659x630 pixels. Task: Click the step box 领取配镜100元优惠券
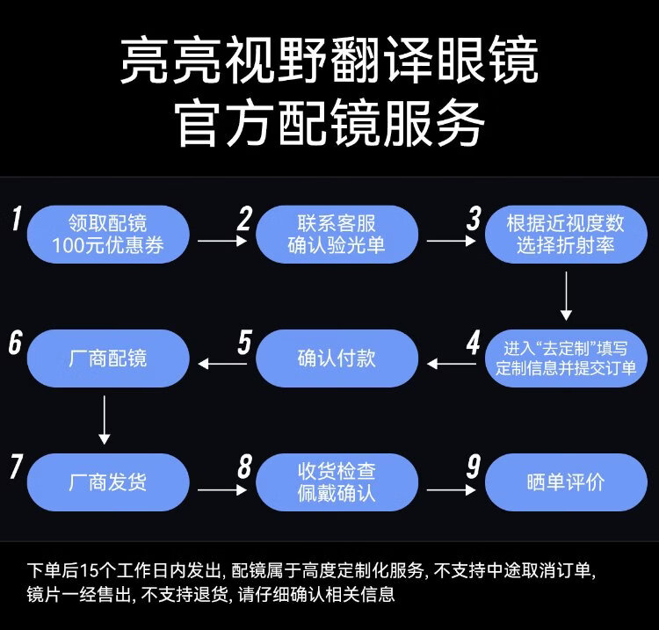click(108, 234)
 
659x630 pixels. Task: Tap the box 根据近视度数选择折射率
click(565, 234)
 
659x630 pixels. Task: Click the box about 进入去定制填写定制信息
click(565, 358)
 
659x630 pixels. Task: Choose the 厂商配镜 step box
click(108, 358)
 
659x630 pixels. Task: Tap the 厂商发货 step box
click(108, 482)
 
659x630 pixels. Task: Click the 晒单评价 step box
click(565, 482)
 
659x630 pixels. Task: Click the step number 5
click(243, 343)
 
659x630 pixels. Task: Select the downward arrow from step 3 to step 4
click(566, 296)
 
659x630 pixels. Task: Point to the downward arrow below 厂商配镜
click(105, 420)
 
